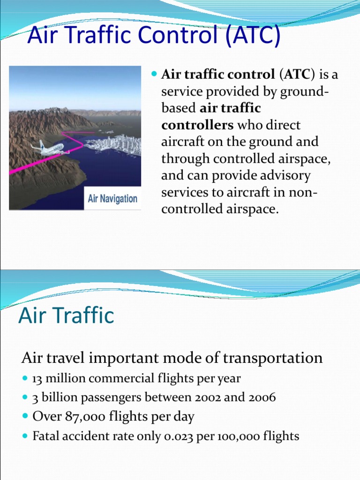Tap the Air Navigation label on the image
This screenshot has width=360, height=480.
coord(112,198)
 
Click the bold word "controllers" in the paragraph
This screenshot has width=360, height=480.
coord(197,125)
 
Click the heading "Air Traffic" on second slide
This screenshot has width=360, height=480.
coord(66,315)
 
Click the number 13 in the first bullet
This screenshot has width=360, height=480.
coord(38,378)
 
